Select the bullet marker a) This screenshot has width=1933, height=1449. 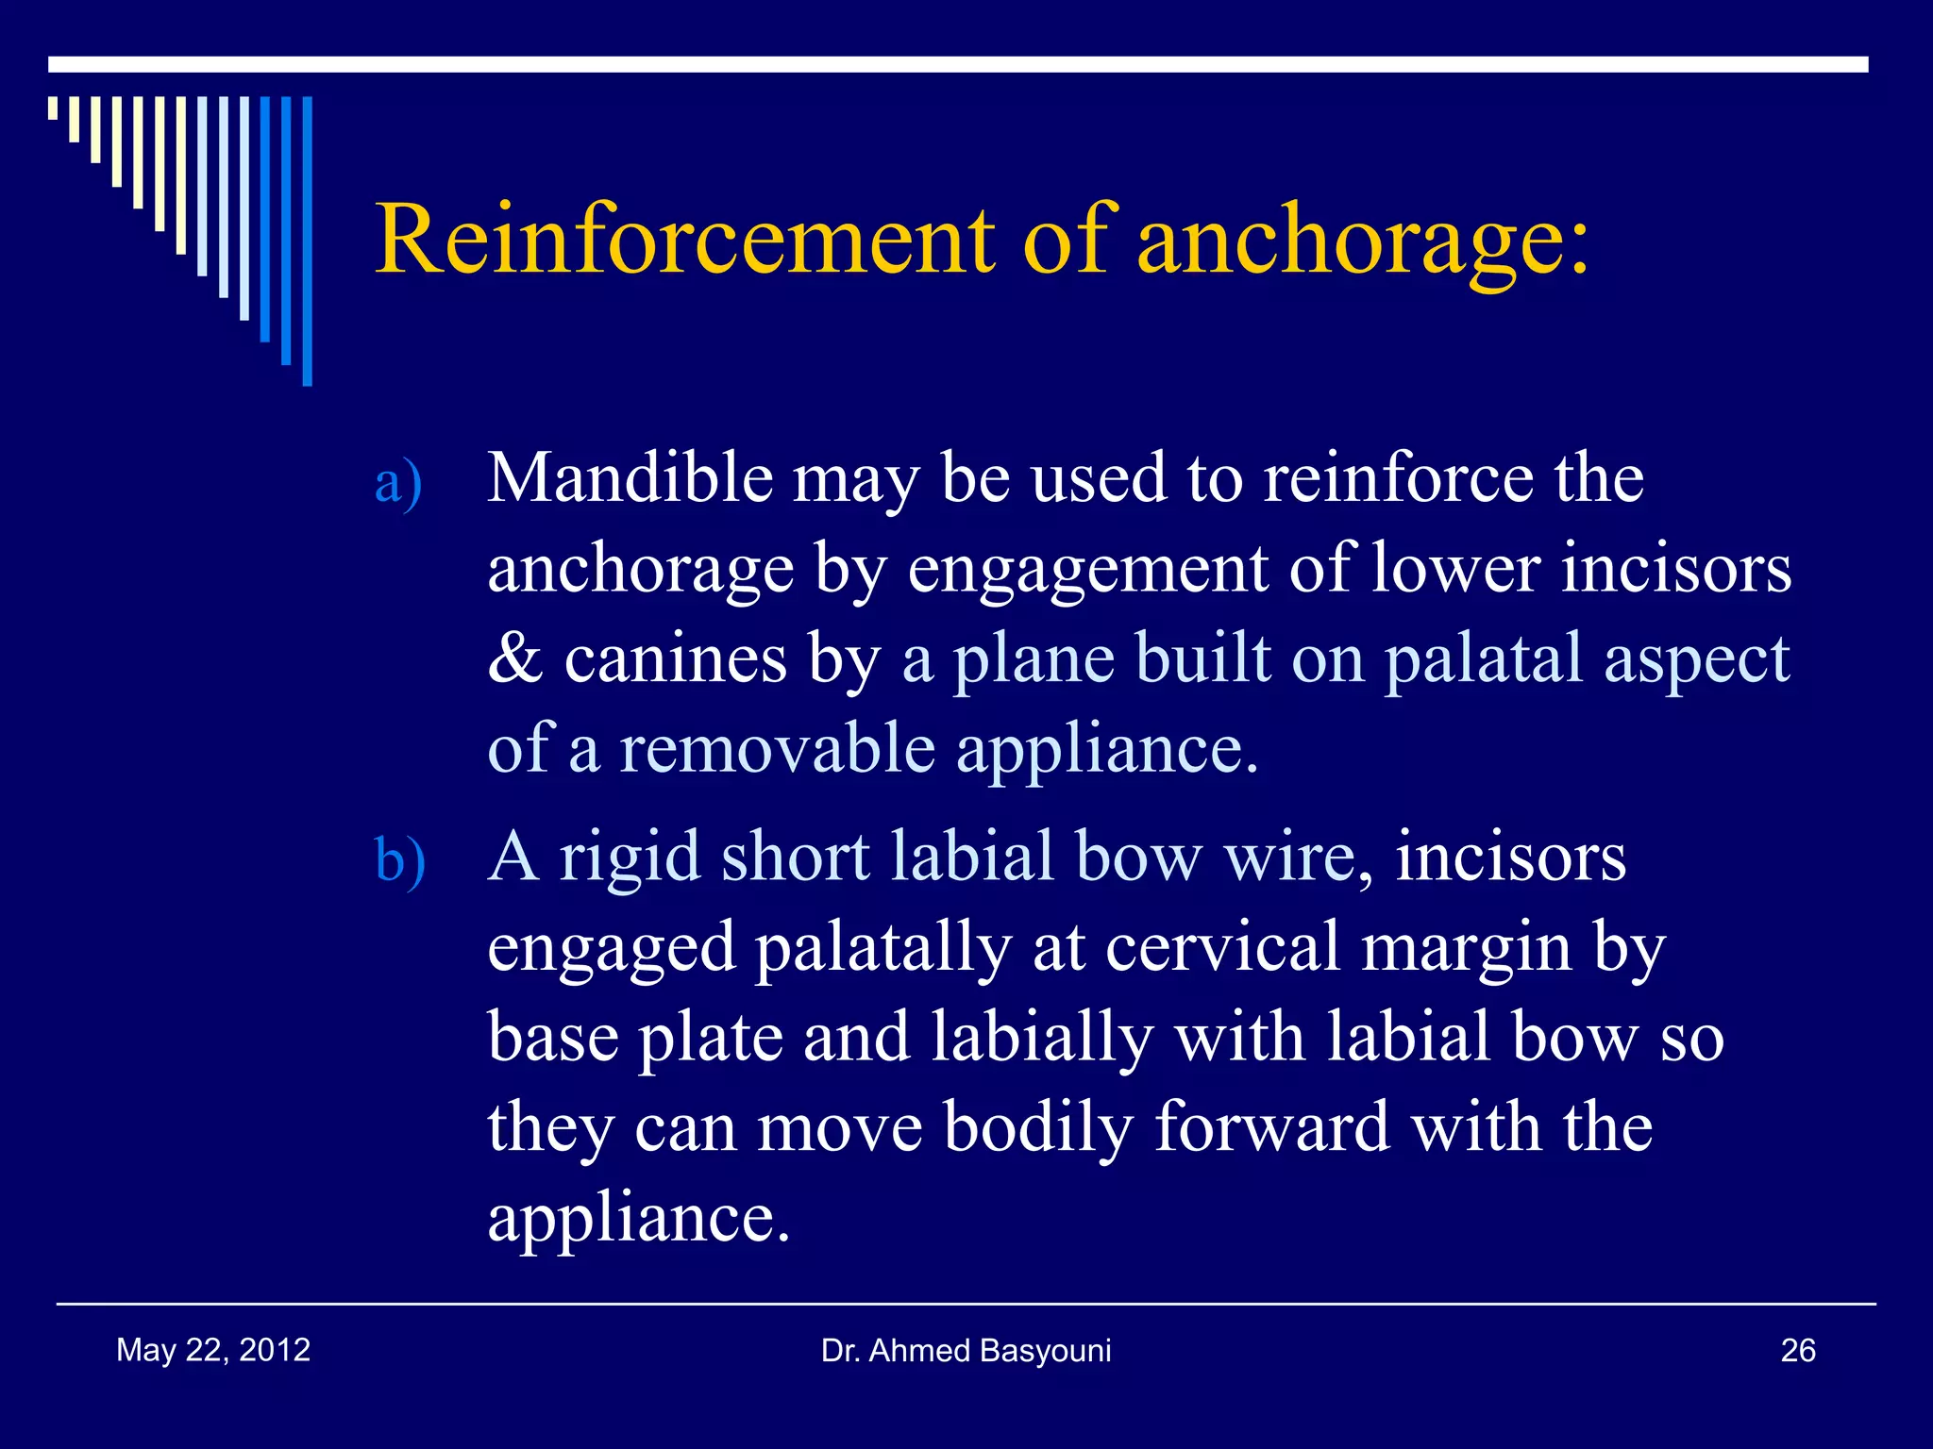pos(397,483)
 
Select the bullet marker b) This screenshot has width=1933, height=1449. pos(399,861)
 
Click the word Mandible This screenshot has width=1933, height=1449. pos(630,477)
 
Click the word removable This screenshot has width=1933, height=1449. pos(777,749)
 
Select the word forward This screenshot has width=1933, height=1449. pos(1271,1127)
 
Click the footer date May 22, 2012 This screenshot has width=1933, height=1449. pos(213,1350)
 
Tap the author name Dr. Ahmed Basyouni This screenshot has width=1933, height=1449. pos(966,1351)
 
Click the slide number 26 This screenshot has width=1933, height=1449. pos(1797,1351)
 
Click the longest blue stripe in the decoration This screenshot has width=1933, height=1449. pos(307,241)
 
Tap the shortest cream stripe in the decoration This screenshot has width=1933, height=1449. pos(53,108)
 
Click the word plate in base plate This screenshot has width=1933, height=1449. pos(711,1039)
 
